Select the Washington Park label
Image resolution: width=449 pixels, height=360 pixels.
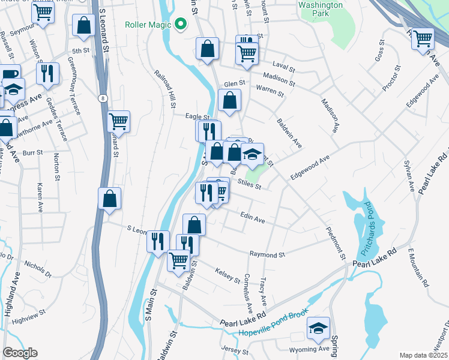click(320, 8)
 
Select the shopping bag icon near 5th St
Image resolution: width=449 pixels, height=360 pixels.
click(84, 25)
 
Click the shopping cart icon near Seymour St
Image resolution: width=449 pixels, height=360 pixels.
click(43, 11)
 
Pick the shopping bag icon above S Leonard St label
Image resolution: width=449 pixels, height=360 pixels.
click(109, 199)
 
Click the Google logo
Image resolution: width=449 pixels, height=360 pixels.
click(20, 353)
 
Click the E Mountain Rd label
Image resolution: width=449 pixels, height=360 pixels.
click(418, 266)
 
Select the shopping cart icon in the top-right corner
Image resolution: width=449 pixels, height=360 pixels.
click(423, 39)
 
